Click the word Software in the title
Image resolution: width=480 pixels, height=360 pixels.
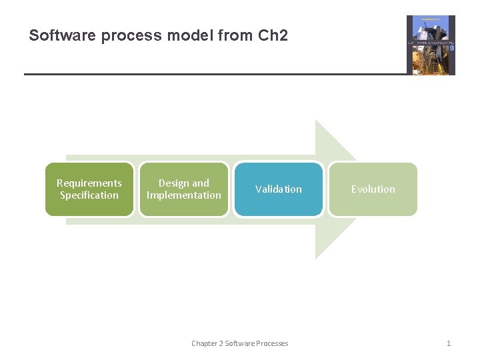coord(62,35)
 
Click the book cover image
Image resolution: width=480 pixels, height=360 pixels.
coord(431,45)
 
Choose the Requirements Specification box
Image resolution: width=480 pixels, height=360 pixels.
coord(89,189)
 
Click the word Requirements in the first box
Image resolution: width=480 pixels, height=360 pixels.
coord(89,183)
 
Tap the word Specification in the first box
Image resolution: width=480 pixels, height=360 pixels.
coord(89,195)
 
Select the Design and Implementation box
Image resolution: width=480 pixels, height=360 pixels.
coord(184,189)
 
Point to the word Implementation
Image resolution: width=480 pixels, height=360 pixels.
coord(184,195)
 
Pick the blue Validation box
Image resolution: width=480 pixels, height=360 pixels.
coord(279,189)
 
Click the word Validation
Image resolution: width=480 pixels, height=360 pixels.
coord(279,189)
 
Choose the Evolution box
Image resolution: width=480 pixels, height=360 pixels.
coord(373,189)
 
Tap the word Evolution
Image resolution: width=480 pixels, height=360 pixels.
coord(373,189)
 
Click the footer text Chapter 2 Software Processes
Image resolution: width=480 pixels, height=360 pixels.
coord(240,343)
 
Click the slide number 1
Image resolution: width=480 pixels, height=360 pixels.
coord(449,343)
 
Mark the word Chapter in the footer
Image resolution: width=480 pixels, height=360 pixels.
coord(205,343)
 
